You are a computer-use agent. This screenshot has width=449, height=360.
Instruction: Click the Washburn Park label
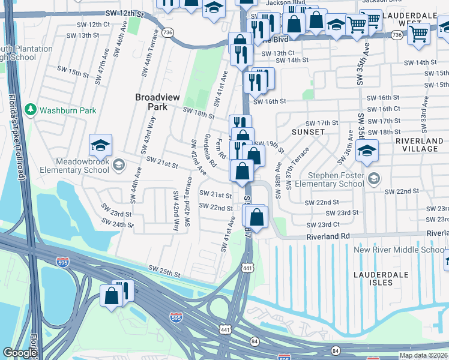[x=67, y=110]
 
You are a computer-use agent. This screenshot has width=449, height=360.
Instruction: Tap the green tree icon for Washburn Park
[x=31, y=110]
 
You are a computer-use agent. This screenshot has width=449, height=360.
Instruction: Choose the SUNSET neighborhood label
[x=308, y=131]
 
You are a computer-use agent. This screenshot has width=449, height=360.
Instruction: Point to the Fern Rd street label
[x=220, y=148]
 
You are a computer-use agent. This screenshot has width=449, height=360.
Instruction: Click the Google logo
[x=20, y=353]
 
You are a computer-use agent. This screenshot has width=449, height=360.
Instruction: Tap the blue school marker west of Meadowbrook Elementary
[x=101, y=145]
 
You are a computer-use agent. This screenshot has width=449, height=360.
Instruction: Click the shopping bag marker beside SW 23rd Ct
[x=256, y=217]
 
